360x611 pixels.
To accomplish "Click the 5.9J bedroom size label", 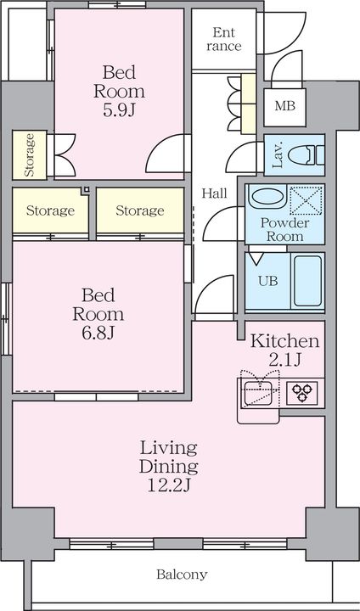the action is click(119, 110).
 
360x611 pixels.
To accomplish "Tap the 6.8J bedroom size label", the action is click(98, 334).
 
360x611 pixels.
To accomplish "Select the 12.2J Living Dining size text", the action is click(169, 485).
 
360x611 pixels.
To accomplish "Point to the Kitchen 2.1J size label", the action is click(284, 361).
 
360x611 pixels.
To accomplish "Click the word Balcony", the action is click(182, 574).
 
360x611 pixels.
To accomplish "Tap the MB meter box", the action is click(284, 107).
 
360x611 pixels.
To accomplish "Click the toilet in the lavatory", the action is click(307, 154).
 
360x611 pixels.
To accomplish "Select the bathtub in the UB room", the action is click(307, 281).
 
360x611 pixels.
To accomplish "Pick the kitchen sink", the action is click(257, 393).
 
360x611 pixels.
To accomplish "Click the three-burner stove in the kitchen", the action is click(302, 392).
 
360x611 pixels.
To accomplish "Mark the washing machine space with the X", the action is click(307, 200).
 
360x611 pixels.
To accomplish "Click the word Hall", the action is click(214, 193).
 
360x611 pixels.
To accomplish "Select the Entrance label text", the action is click(224, 39).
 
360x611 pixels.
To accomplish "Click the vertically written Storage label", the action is click(29, 154).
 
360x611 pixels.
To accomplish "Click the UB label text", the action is click(269, 281).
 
